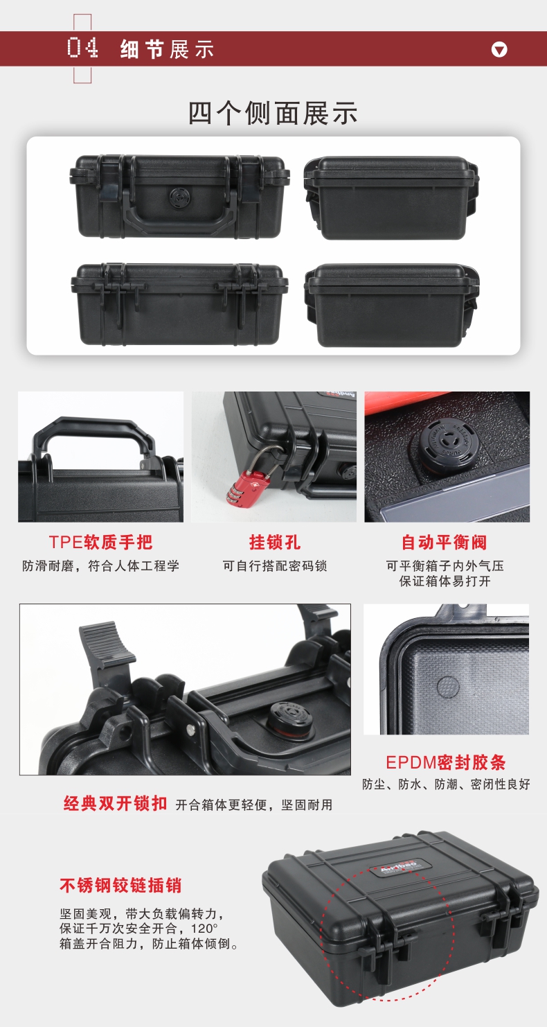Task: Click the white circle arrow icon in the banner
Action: point(499,49)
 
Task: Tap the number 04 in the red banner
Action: point(82,48)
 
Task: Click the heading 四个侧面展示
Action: point(273,113)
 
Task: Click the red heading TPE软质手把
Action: point(101,542)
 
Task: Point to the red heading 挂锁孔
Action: point(274,542)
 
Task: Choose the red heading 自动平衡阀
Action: point(445,542)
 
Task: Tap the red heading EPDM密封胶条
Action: point(446,762)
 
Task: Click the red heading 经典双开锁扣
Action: point(115,803)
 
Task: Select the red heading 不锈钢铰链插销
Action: point(120,885)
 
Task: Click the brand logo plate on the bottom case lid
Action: point(398,868)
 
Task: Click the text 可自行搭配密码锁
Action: point(275,565)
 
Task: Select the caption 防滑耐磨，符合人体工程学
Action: point(101,565)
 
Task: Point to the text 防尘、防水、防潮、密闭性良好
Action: point(446,784)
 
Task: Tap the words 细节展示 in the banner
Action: point(167,49)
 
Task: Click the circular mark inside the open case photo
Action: point(448,687)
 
